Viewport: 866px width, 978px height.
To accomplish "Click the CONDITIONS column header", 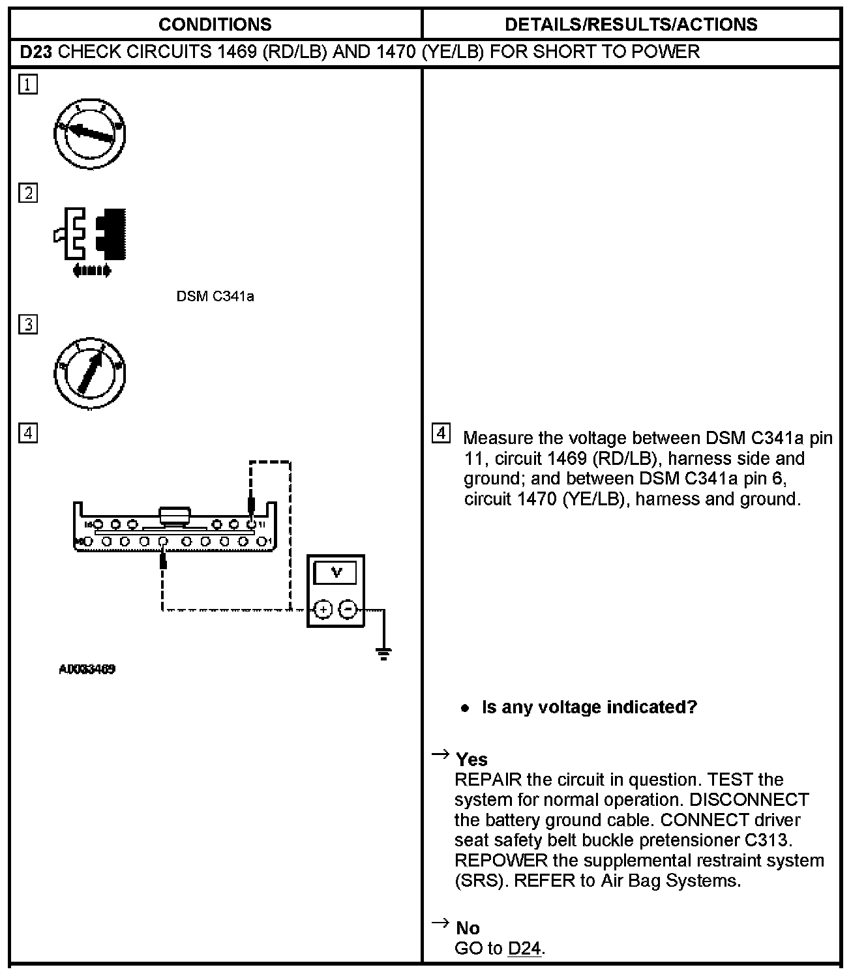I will (215, 25).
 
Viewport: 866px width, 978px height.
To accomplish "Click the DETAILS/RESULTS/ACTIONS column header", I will (631, 25).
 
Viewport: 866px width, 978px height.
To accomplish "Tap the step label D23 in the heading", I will (35, 52).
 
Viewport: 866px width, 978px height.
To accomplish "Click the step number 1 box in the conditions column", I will (28, 85).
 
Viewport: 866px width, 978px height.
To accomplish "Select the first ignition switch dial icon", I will (90, 134).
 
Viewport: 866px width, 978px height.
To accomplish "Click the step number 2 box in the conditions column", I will (28, 193).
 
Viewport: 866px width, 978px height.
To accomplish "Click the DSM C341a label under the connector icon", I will (215, 297).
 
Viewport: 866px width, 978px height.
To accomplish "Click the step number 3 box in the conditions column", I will (28, 324).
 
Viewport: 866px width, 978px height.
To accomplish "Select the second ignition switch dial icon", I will (90, 373).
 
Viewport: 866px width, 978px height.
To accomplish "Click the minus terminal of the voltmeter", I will (348, 610).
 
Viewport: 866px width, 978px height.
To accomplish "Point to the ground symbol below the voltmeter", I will (383, 653).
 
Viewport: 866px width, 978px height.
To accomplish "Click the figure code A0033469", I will (87, 670).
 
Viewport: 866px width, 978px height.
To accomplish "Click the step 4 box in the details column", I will (441, 433).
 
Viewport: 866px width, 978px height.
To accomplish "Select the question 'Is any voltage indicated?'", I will (589, 707).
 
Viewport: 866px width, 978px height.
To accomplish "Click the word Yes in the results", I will (471, 760).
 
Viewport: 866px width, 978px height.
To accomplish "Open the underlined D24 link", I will (524, 948).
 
